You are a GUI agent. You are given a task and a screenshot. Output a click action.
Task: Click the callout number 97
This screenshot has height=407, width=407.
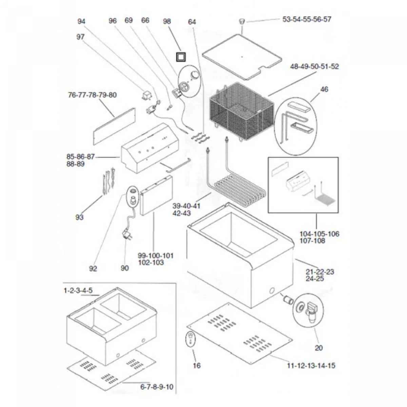point(80,37)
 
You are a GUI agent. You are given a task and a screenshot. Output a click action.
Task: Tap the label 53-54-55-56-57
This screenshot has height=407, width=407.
point(307,19)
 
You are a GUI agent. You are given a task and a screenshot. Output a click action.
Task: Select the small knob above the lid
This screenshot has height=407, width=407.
point(242,21)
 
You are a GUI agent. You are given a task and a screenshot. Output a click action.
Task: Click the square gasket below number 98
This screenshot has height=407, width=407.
point(181,57)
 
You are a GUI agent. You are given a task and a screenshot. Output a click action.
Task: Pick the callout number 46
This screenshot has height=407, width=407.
point(324,89)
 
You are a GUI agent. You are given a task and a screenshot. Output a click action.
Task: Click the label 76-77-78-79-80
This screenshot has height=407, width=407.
point(92,95)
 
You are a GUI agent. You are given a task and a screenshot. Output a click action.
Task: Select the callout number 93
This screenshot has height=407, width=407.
point(79,217)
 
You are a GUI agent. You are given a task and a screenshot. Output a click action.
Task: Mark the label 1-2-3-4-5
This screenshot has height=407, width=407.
point(78,290)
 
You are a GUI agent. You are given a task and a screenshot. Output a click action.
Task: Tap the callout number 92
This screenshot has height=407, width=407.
point(93,269)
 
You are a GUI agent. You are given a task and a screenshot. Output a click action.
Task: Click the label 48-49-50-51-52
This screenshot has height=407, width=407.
point(314,66)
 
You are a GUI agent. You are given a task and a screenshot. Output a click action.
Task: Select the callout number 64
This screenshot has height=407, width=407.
point(192,22)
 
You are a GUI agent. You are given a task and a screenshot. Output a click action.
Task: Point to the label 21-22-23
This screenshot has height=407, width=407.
point(320,272)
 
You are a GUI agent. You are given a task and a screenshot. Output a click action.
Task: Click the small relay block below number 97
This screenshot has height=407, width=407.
point(147,95)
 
